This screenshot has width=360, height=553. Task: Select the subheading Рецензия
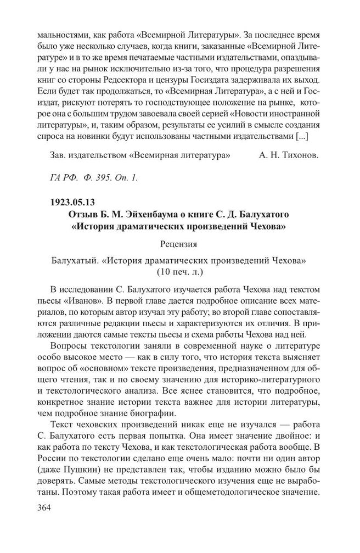[179, 243]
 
